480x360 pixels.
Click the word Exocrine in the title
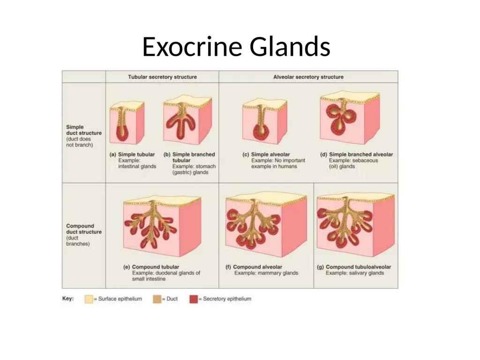(193, 46)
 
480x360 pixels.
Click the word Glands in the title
(290, 46)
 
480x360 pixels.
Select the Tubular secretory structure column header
(162, 77)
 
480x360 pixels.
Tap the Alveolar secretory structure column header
(308, 77)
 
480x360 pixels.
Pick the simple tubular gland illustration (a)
(127, 122)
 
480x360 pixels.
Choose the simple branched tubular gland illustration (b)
(187, 120)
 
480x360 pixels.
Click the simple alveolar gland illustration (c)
(265, 121)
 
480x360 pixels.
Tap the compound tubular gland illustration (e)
(162, 225)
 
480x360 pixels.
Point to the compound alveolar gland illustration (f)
(266, 225)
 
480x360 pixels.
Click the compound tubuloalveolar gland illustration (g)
(356, 225)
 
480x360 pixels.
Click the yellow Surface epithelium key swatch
(89, 299)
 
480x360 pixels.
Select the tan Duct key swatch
(157, 299)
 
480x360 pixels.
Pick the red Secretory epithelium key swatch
(194, 299)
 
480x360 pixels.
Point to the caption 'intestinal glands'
(137, 166)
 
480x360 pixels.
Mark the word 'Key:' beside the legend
(68, 299)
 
